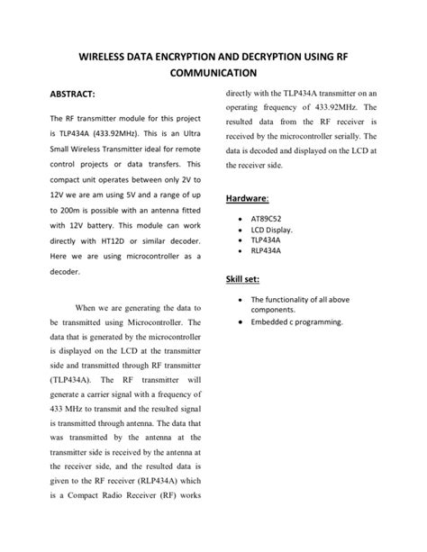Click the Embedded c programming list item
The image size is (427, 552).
point(296,321)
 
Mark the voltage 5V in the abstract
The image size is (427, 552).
point(125,166)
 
